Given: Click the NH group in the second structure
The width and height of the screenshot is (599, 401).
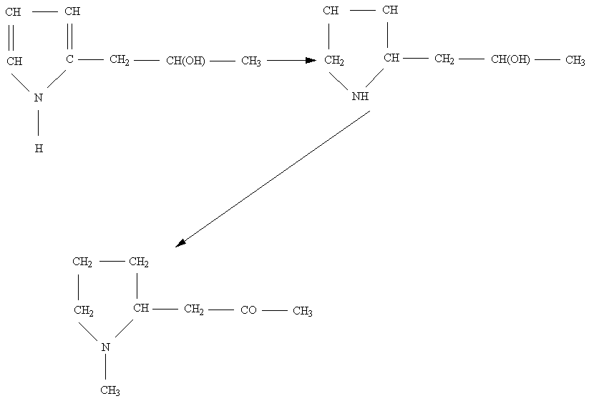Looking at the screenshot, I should [360, 96].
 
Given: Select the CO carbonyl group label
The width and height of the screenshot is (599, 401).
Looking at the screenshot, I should [248, 310].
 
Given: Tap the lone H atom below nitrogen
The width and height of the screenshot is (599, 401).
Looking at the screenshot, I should [39, 149].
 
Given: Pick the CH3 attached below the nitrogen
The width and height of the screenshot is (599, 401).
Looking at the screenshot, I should [109, 390].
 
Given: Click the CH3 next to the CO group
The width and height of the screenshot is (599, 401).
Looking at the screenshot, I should [303, 311].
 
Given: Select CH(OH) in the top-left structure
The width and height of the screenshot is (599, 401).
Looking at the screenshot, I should [185, 61].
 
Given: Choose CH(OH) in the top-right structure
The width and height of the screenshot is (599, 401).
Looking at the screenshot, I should [510, 59].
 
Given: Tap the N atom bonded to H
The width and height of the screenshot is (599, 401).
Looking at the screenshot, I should [39, 98].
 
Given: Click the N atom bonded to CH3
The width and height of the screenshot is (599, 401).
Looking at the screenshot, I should [105, 347].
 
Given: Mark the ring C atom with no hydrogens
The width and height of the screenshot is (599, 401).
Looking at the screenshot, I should [70, 59].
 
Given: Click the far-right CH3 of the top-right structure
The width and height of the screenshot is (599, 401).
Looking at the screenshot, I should [575, 60].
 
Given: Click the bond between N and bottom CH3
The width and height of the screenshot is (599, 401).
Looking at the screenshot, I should [105, 368].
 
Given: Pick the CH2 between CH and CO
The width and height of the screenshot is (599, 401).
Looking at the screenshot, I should [193, 310].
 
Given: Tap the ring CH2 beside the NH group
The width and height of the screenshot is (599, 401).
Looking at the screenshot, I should [333, 60].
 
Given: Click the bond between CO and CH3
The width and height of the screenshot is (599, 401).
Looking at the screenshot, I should [274, 310].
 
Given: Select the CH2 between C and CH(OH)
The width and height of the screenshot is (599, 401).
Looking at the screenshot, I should [120, 60].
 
